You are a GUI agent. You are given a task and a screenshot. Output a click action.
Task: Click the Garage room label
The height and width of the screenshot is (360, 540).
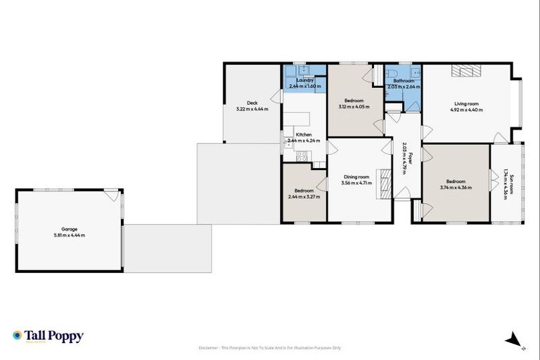pos(69,229)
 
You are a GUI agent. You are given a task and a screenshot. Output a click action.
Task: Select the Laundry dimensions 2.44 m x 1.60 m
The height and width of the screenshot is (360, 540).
pos(304,86)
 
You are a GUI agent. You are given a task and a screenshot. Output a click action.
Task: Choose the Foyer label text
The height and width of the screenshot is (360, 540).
pos(410,158)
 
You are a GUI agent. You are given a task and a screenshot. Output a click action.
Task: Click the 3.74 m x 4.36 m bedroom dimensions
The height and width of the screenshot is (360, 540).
pos(456,188)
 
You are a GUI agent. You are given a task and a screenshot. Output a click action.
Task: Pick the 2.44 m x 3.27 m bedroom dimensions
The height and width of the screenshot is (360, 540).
pos(304,197)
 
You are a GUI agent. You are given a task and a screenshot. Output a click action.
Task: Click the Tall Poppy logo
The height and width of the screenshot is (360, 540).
pos(48,336)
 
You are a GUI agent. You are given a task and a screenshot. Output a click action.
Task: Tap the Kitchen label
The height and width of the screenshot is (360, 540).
pos(303,134)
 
